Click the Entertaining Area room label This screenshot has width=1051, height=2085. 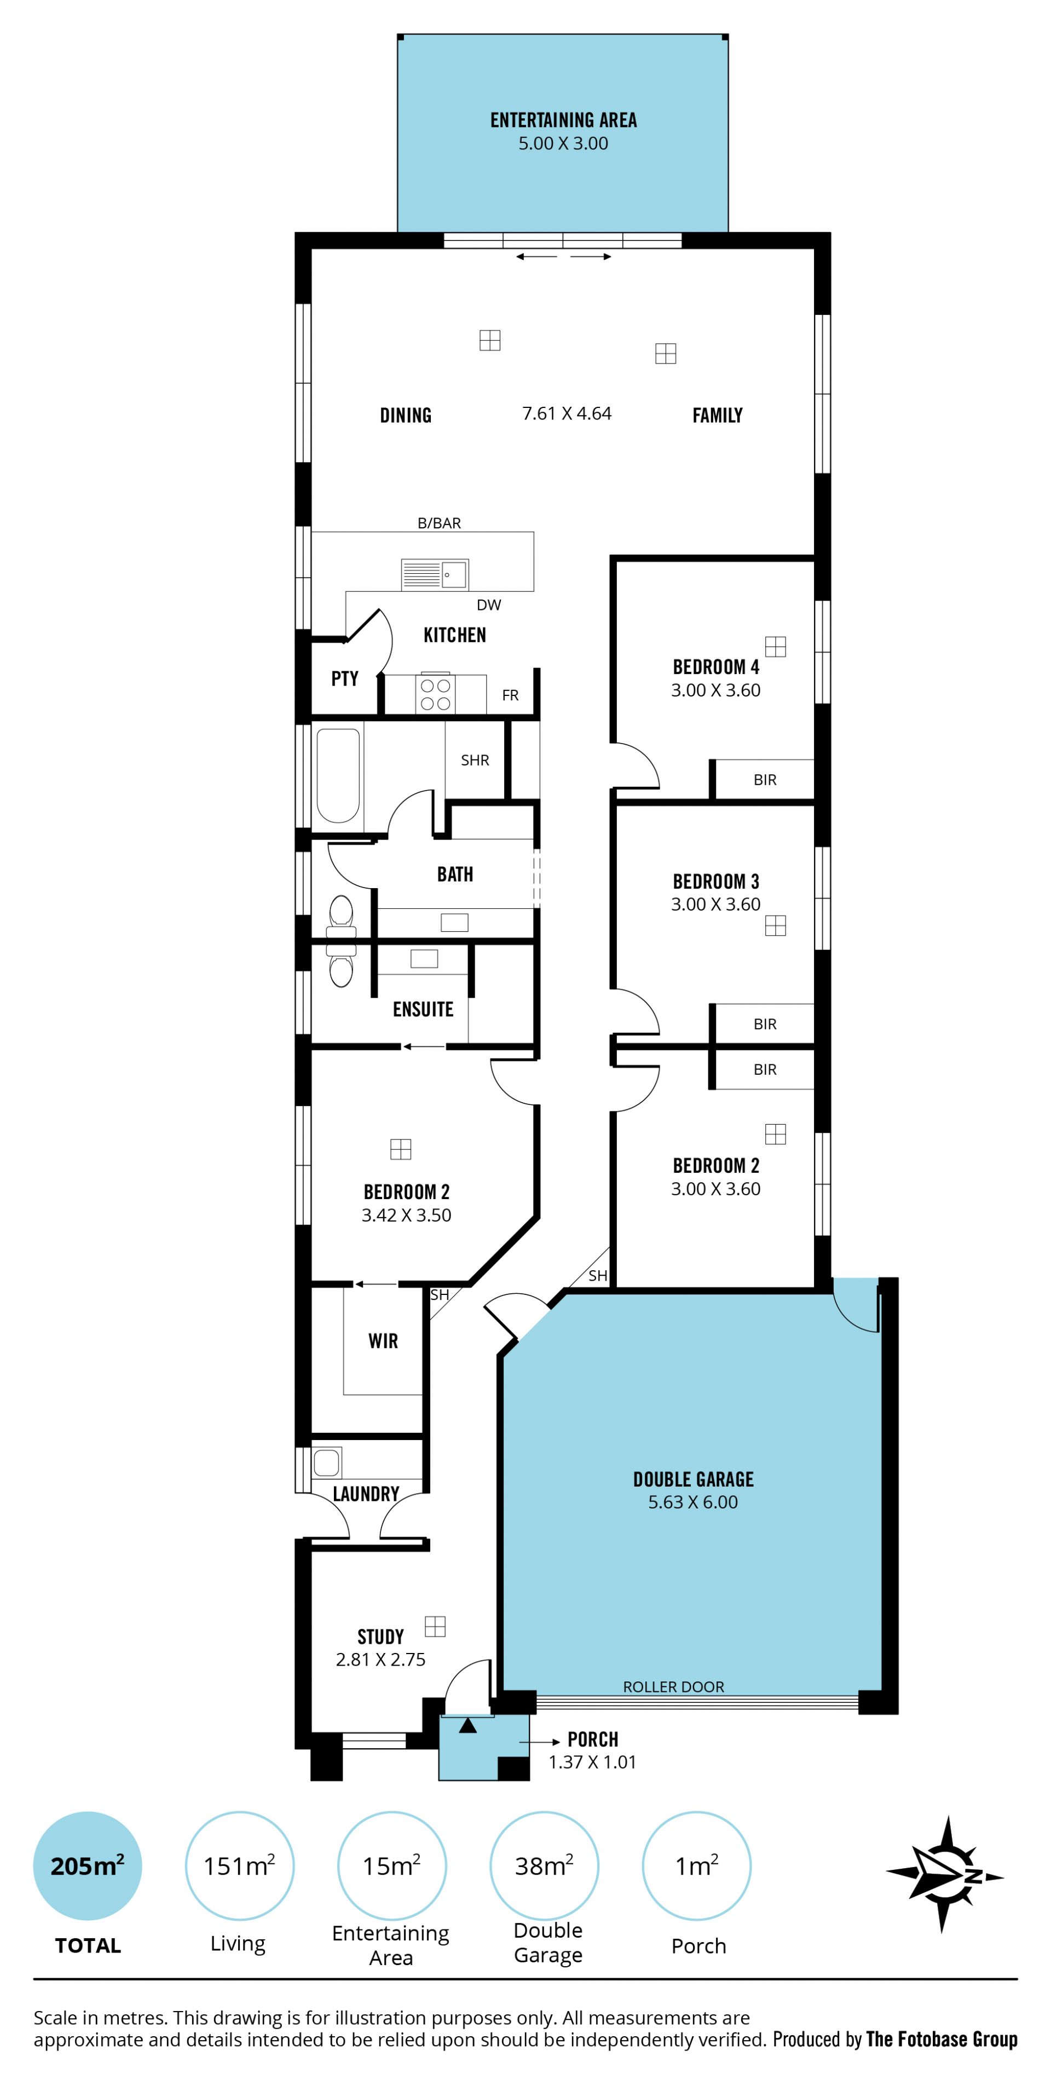click(x=563, y=120)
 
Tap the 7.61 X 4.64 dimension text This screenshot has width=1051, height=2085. click(x=567, y=413)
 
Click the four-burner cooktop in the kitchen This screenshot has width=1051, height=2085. click(x=435, y=694)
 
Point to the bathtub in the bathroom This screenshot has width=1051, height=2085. click(x=338, y=775)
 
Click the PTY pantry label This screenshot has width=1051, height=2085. click(x=345, y=678)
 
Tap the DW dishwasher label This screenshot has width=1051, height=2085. click(x=489, y=604)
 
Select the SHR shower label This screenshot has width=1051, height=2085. click(x=475, y=760)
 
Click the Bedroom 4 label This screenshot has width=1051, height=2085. click(x=716, y=667)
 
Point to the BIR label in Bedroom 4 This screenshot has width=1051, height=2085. click(x=765, y=780)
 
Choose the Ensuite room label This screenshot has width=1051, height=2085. click(x=423, y=1009)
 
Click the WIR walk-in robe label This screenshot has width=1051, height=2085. click(x=384, y=1341)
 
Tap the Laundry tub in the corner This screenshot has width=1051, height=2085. click(x=327, y=1462)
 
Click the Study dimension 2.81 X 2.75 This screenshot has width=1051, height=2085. click(x=380, y=1659)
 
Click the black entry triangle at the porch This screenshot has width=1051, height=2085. click(x=467, y=1726)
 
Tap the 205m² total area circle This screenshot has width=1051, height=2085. click(x=88, y=1865)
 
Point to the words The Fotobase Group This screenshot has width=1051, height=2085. click(x=942, y=2039)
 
